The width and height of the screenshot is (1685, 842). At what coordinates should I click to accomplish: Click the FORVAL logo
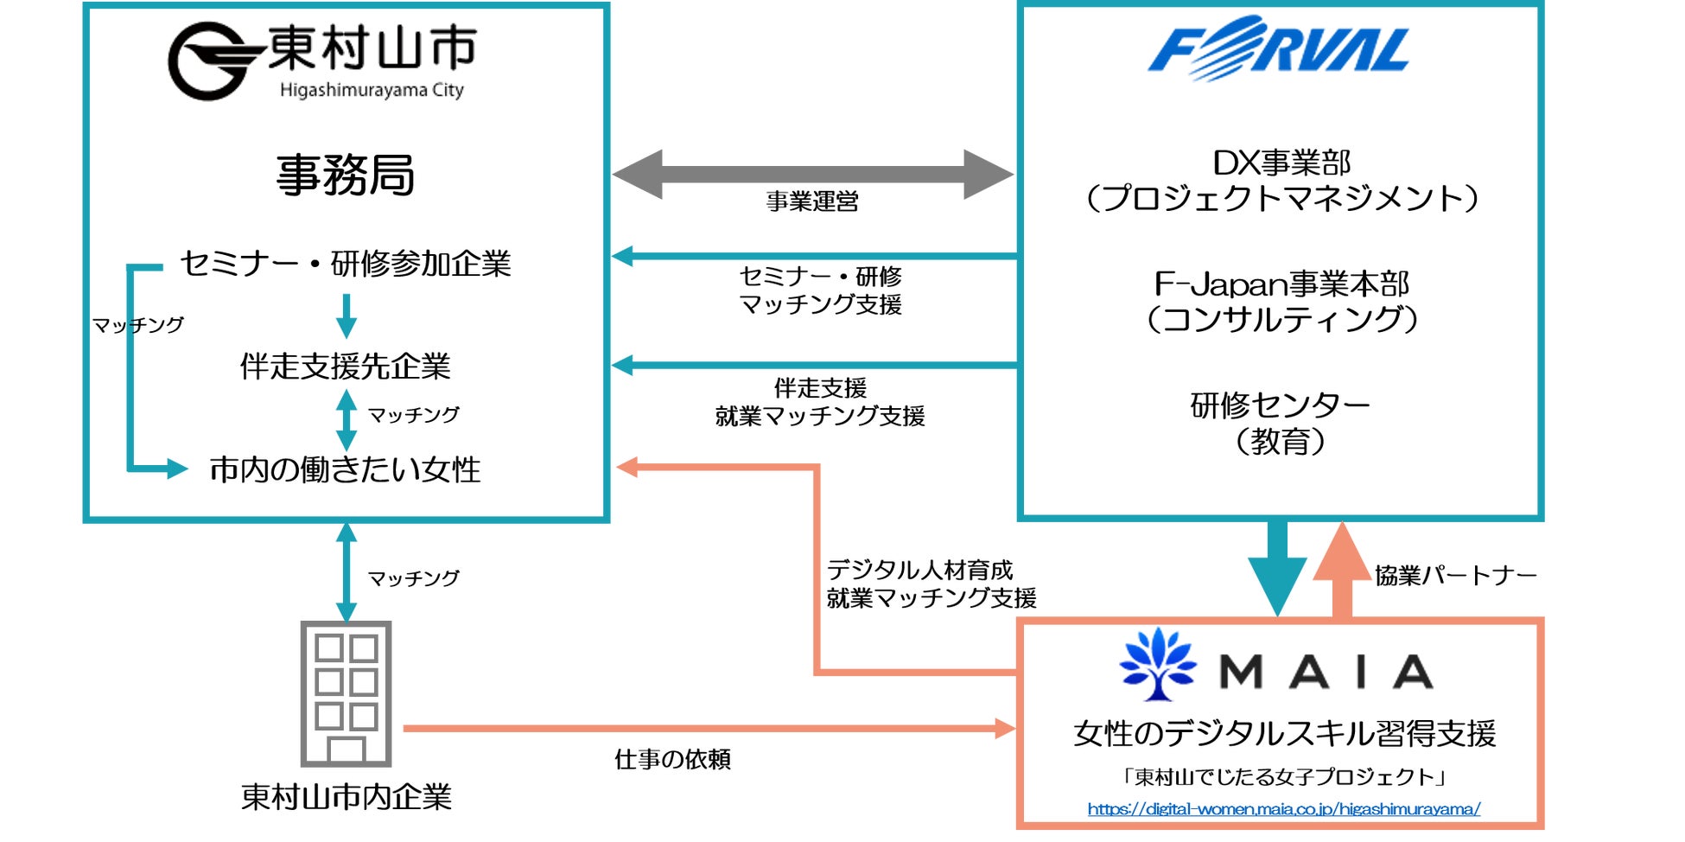coord(1279,48)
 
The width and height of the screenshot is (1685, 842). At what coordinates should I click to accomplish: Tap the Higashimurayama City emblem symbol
coord(213,61)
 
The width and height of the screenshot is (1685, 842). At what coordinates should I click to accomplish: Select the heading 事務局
coord(346,175)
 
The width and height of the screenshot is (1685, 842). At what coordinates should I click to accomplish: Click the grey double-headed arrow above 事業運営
coord(812,174)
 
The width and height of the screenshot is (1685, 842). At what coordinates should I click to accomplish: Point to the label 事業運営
coord(812,201)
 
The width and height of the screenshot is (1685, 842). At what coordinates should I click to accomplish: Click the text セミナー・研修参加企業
coord(346,264)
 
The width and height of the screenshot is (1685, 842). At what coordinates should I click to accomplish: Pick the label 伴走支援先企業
coord(346,367)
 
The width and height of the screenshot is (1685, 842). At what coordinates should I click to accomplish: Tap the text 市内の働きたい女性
coord(346,469)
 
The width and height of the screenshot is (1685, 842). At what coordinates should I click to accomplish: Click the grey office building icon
coord(346,693)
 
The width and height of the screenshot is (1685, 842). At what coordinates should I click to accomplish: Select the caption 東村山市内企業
coord(346,796)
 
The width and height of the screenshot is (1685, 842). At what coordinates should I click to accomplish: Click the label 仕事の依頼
coord(672,759)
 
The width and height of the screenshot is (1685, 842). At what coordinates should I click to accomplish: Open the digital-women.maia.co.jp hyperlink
coord(1283,809)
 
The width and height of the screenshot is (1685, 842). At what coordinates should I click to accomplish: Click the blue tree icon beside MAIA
coord(1158,664)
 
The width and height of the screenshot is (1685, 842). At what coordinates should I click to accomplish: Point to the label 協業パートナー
coord(1456,575)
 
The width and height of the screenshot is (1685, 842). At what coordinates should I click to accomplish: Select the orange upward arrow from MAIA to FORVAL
coord(1342,571)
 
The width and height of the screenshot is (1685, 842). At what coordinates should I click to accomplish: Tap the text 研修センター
coord(1280,405)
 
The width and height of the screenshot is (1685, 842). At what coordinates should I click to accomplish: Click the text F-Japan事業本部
coord(1281,284)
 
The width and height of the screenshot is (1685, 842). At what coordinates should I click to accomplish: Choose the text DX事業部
coord(1281,163)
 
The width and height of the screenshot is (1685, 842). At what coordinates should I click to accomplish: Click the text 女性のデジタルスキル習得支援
coord(1284,733)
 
